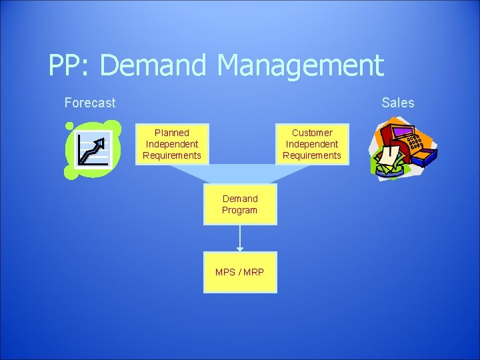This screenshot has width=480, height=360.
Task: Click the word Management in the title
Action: (x=300, y=65)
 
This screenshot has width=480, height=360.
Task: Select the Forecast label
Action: (x=89, y=103)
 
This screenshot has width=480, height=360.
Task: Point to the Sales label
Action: (x=397, y=103)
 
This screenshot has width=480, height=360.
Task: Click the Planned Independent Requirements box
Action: (x=172, y=144)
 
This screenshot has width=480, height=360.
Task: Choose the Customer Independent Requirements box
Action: (x=312, y=144)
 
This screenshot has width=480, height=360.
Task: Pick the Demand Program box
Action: (x=240, y=204)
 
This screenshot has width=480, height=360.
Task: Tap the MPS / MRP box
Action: (x=240, y=272)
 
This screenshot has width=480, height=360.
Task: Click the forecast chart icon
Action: (x=92, y=149)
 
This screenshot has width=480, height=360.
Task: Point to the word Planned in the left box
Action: (x=172, y=133)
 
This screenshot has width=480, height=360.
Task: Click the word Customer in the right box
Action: (x=312, y=133)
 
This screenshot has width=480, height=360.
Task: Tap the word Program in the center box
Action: (x=240, y=210)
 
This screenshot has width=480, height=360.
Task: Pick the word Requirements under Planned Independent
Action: (x=172, y=155)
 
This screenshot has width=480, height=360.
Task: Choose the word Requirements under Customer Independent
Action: (x=312, y=155)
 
